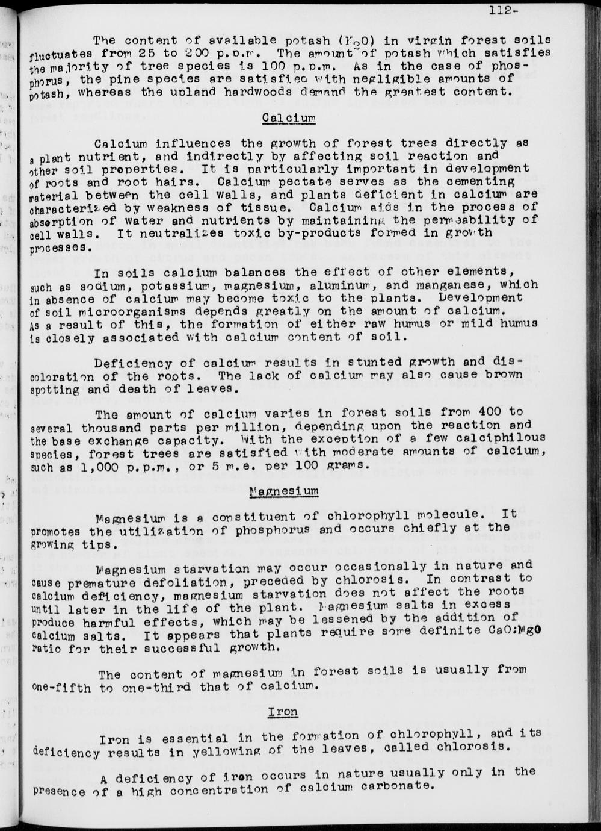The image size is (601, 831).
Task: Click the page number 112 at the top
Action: (x=501, y=10)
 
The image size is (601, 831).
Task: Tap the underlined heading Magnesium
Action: (x=284, y=491)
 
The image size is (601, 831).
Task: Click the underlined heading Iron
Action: (x=283, y=712)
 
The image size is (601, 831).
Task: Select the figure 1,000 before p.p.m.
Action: (x=88, y=467)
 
